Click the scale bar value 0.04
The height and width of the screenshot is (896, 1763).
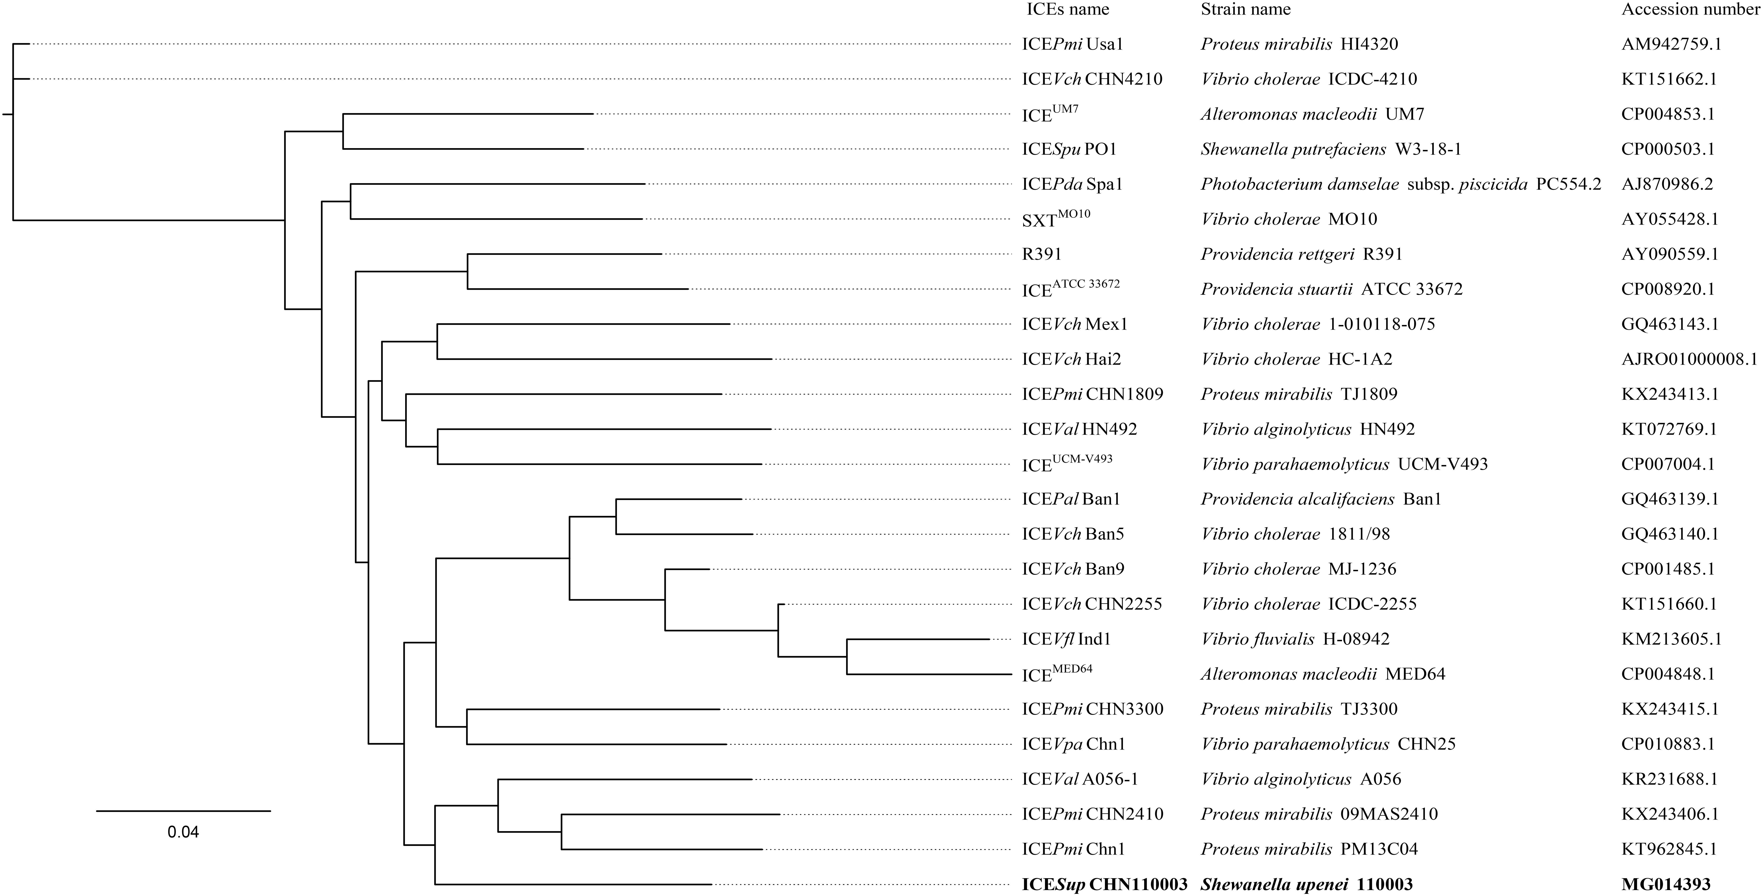pyautogui.click(x=183, y=832)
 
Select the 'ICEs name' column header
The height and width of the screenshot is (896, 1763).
pyautogui.click(x=1068, y=10)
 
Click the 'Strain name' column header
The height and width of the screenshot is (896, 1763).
pyautogui.click(x=1246, y=10)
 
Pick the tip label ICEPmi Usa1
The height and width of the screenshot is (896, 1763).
pyautogui.click(x=1072, y=44)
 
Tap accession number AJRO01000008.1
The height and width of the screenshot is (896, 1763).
pyautogui.click(x=1689, y=359)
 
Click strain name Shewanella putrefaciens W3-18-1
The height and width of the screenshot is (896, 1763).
pyautogui.click(x=1330, y=149)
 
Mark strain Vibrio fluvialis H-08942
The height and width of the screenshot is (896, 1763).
pyautogui.click(x=1295, y=639)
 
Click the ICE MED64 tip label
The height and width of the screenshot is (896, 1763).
pyautogui.click(x=1057, y=674)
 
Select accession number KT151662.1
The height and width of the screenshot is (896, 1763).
pyautogui.click(x=1669, y=79)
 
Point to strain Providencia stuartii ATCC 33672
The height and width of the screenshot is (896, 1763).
pyautogui.click(x=1331, y=289)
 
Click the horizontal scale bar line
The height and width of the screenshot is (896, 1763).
pyautogui.click(x=183, y=811)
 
